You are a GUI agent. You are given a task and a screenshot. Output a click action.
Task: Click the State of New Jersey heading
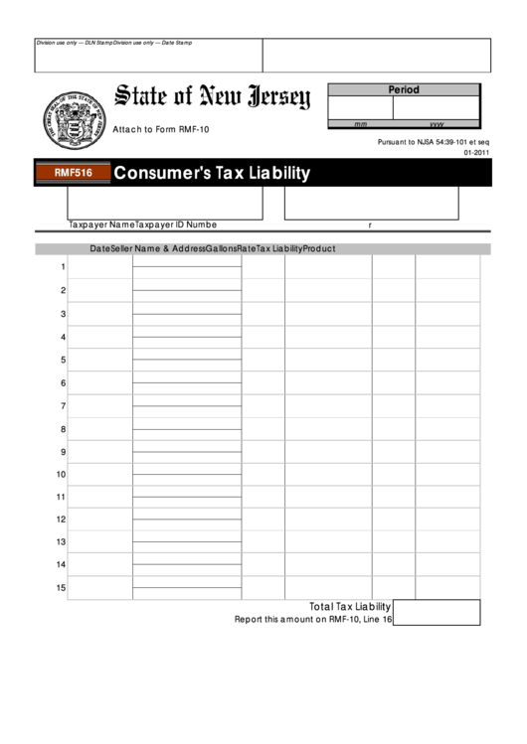(x=212, y=97)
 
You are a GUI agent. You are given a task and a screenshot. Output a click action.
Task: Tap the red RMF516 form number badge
(x=66, y=173)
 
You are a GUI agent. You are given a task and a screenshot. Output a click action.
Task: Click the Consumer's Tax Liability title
(x=212, y=173)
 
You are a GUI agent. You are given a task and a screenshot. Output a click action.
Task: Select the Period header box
(x=403, y=90)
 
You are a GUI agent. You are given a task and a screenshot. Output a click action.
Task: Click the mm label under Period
(x=361, y=125)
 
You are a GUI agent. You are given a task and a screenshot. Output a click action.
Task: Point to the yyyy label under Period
(x=436, y=125)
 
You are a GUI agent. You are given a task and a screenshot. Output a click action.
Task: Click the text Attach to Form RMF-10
(x=161, y=130)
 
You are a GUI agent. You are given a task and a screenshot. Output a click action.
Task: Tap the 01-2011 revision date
(x=476, y=154)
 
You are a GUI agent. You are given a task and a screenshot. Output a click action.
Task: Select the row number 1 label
(x=63, y=267)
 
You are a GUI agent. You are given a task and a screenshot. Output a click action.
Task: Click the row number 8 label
(x=63, y=429)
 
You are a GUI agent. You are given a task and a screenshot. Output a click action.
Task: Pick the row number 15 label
(x=61, y=588)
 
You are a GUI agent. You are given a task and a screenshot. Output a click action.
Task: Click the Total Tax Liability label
(x=350, y=606)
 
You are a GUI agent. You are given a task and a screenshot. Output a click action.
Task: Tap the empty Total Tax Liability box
(x=437, y=612)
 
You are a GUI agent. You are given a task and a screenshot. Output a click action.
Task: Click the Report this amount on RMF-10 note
(x=313, y=619)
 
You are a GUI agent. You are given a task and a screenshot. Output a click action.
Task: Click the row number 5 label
(x=63, y=360)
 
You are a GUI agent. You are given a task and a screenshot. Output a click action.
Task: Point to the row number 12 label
(x=61, y=520)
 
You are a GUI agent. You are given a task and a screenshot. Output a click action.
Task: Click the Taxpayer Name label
(x=101, y=224)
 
